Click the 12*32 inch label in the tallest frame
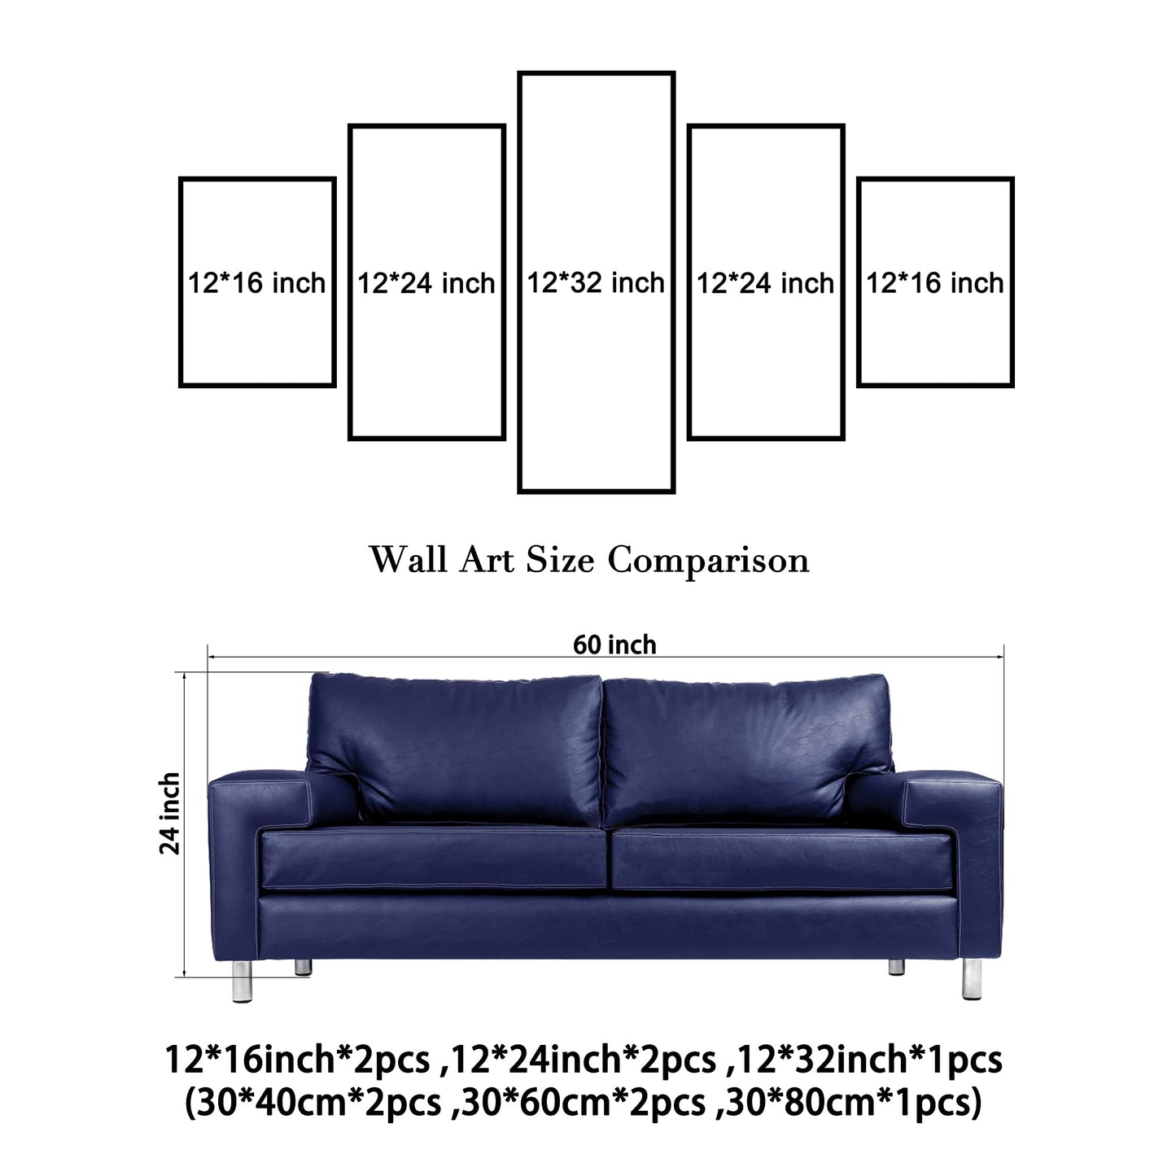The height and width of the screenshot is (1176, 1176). tap(596, 282)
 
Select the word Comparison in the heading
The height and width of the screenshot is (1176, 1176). tap(708, 560)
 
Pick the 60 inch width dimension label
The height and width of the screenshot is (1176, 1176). tap(614, 645)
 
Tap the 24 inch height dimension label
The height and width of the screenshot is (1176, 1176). tap(169, 814)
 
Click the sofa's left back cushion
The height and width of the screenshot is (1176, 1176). tap(455, 750)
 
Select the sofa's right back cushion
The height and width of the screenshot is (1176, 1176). tap(748, 750)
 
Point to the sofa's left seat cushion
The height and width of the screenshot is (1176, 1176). tap(433, 859)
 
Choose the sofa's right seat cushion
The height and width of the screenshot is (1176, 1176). tap(782, 859)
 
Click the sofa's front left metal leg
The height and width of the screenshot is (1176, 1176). tap(243, 981)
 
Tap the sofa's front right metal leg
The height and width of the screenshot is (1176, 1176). tap(972, 980)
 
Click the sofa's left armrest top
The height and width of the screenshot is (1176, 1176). tap(260, 778)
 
